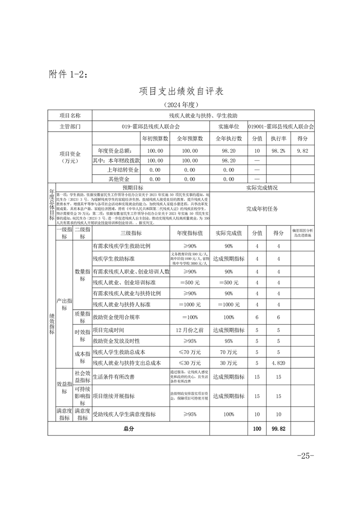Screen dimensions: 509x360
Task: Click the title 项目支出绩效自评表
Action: (181, 91)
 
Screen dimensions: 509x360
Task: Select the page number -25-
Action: (305, 455)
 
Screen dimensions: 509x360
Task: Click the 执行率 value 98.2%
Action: (278, 151)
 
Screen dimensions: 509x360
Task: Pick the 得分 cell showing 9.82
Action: (302, 151)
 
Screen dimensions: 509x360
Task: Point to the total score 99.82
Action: (277, 428)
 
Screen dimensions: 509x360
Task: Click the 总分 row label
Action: (128, 428)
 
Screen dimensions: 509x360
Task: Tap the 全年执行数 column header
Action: (229, 139)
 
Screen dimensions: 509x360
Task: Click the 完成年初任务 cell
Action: (262, 209)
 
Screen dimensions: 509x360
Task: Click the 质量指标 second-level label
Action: (83, 318)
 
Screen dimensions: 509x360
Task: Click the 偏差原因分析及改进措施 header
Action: (303, 233)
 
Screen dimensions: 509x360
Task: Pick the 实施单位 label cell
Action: (229, 127)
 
